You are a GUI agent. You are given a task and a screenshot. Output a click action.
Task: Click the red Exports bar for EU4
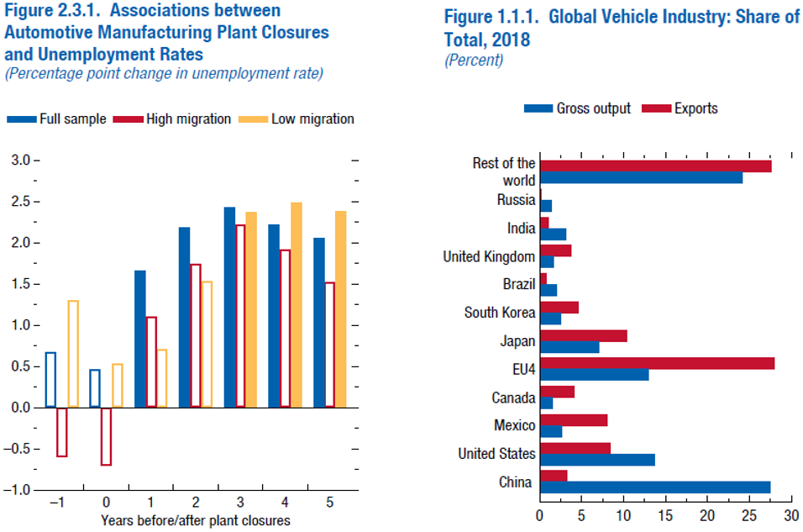[x=657, y=362]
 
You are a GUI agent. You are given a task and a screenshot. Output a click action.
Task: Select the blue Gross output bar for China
[x=655, y=487]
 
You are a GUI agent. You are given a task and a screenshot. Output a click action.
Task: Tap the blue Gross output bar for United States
[x=597, y=460]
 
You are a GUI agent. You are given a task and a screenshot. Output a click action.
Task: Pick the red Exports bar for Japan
[x=583, y=335]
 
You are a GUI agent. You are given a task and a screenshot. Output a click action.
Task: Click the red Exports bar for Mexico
[x=574, y=419]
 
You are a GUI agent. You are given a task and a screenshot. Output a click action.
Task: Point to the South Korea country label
[x=500, y=313]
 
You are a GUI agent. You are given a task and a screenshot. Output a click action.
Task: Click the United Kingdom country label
[x=489, y=256]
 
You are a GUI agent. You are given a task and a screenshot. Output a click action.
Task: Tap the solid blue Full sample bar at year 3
[x=229, y=307]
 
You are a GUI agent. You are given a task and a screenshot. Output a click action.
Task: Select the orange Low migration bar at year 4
[x=297, y=304]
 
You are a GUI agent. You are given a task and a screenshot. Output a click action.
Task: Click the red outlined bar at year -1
[x=62, y=432]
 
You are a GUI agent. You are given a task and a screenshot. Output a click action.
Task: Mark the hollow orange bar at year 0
[x=118, y=386]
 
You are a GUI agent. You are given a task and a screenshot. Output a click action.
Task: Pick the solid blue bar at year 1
[x=140, y=339]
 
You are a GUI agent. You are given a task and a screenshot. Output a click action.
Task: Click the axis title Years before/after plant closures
[x=196, y=520]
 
